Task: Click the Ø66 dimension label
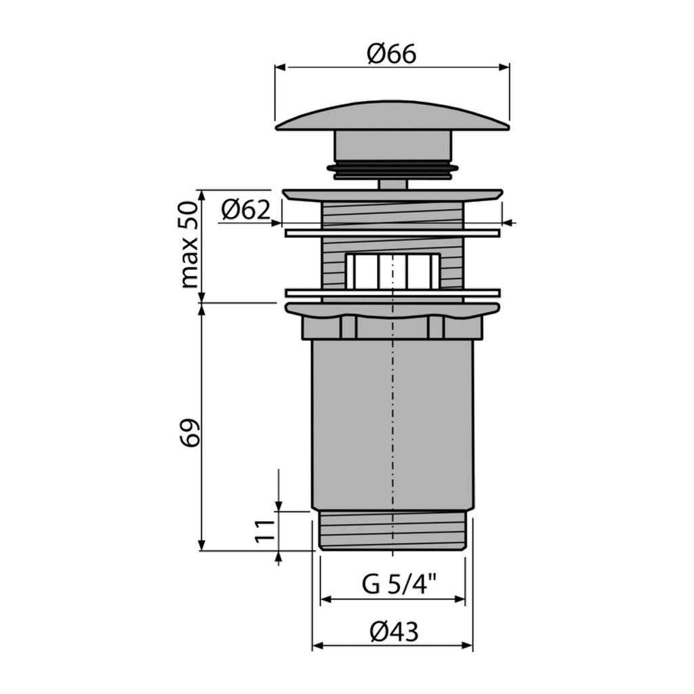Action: (392, 54)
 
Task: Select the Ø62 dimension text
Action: (245, 210)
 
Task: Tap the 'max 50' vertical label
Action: (189, 244)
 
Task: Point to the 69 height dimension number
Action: (190, 432)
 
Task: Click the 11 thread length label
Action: (265, 531)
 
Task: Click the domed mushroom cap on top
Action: (392, 116)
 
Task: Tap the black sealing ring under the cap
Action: (392, 168)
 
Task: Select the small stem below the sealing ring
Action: (392, 184)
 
